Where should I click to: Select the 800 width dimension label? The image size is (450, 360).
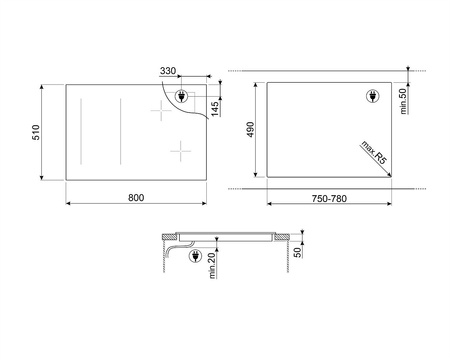[136, 197]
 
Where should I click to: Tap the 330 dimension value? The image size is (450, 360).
[168, 72]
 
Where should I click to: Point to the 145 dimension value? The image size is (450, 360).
[214, 106]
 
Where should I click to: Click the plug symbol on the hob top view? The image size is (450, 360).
[181, 97]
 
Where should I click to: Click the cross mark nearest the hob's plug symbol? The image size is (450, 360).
[159, 112]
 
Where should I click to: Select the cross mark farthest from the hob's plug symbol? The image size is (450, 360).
[179, 151]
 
